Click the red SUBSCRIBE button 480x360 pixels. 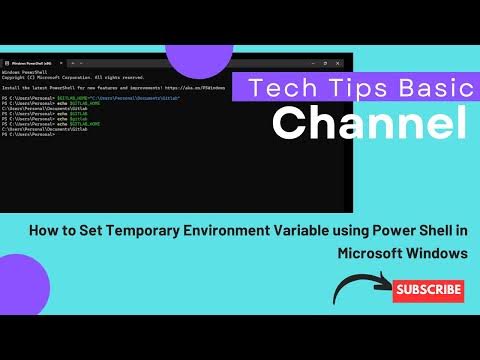click(428, 291)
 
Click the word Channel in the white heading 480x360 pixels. click(370, 123)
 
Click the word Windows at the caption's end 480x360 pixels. click(439, 253)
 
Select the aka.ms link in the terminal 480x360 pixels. click(200, 88)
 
